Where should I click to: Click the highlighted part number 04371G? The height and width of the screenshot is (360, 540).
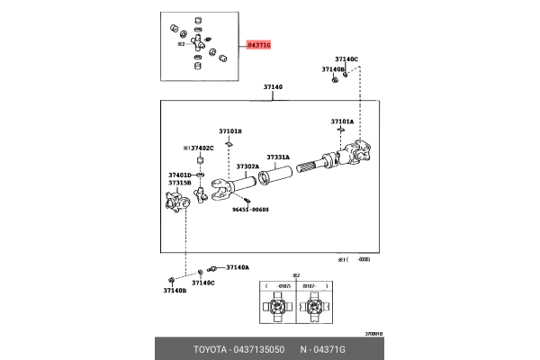256,43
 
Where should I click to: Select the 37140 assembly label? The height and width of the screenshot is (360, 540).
273,87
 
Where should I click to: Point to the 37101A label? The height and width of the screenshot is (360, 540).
342,121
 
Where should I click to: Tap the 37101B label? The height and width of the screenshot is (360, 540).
229,130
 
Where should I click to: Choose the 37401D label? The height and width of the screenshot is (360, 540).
179,175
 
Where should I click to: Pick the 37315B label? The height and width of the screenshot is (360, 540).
179,183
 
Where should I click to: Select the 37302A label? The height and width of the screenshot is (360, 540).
247,166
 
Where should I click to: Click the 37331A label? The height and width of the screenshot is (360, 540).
277,157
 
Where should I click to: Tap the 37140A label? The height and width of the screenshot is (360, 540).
238,267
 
